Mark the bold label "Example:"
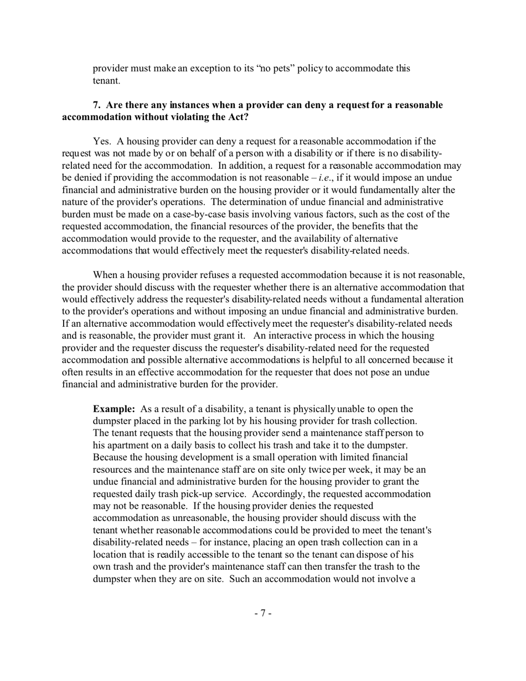[x=114, y=409]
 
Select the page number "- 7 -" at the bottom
[x=263, y=613]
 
